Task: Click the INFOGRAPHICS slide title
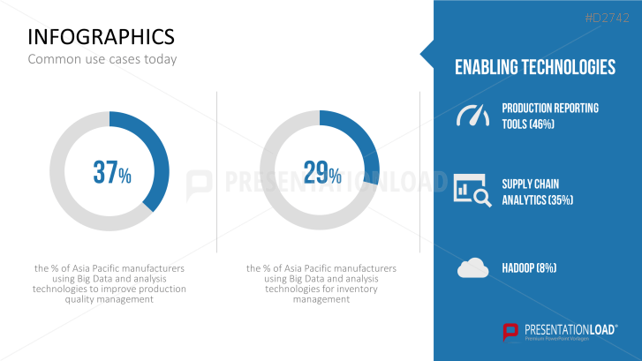[x=102, y=37]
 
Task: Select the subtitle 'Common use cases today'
[x=102, y=59]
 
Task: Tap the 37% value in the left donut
[x=112, y=172]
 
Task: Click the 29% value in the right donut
[x=322, y=172]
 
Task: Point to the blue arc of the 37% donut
[x=161, y=153]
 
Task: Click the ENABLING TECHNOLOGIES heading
[x=535, y=67]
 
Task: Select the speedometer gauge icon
[x=473, y=116]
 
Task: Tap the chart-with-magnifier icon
[x=472, y=191]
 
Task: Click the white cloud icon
[x=473, y=268]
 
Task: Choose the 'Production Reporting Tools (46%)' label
[x=550, y=116]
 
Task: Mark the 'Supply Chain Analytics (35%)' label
[x=538, y=192]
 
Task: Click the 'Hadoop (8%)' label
[x=529, y=268]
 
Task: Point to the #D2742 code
[x=608, y=18]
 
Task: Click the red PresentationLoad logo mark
[x=510, y=332]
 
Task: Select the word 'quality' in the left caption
[x=79, y=299]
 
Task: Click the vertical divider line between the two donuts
[x=216, y=172]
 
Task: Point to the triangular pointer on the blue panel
[x=427, y=54]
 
